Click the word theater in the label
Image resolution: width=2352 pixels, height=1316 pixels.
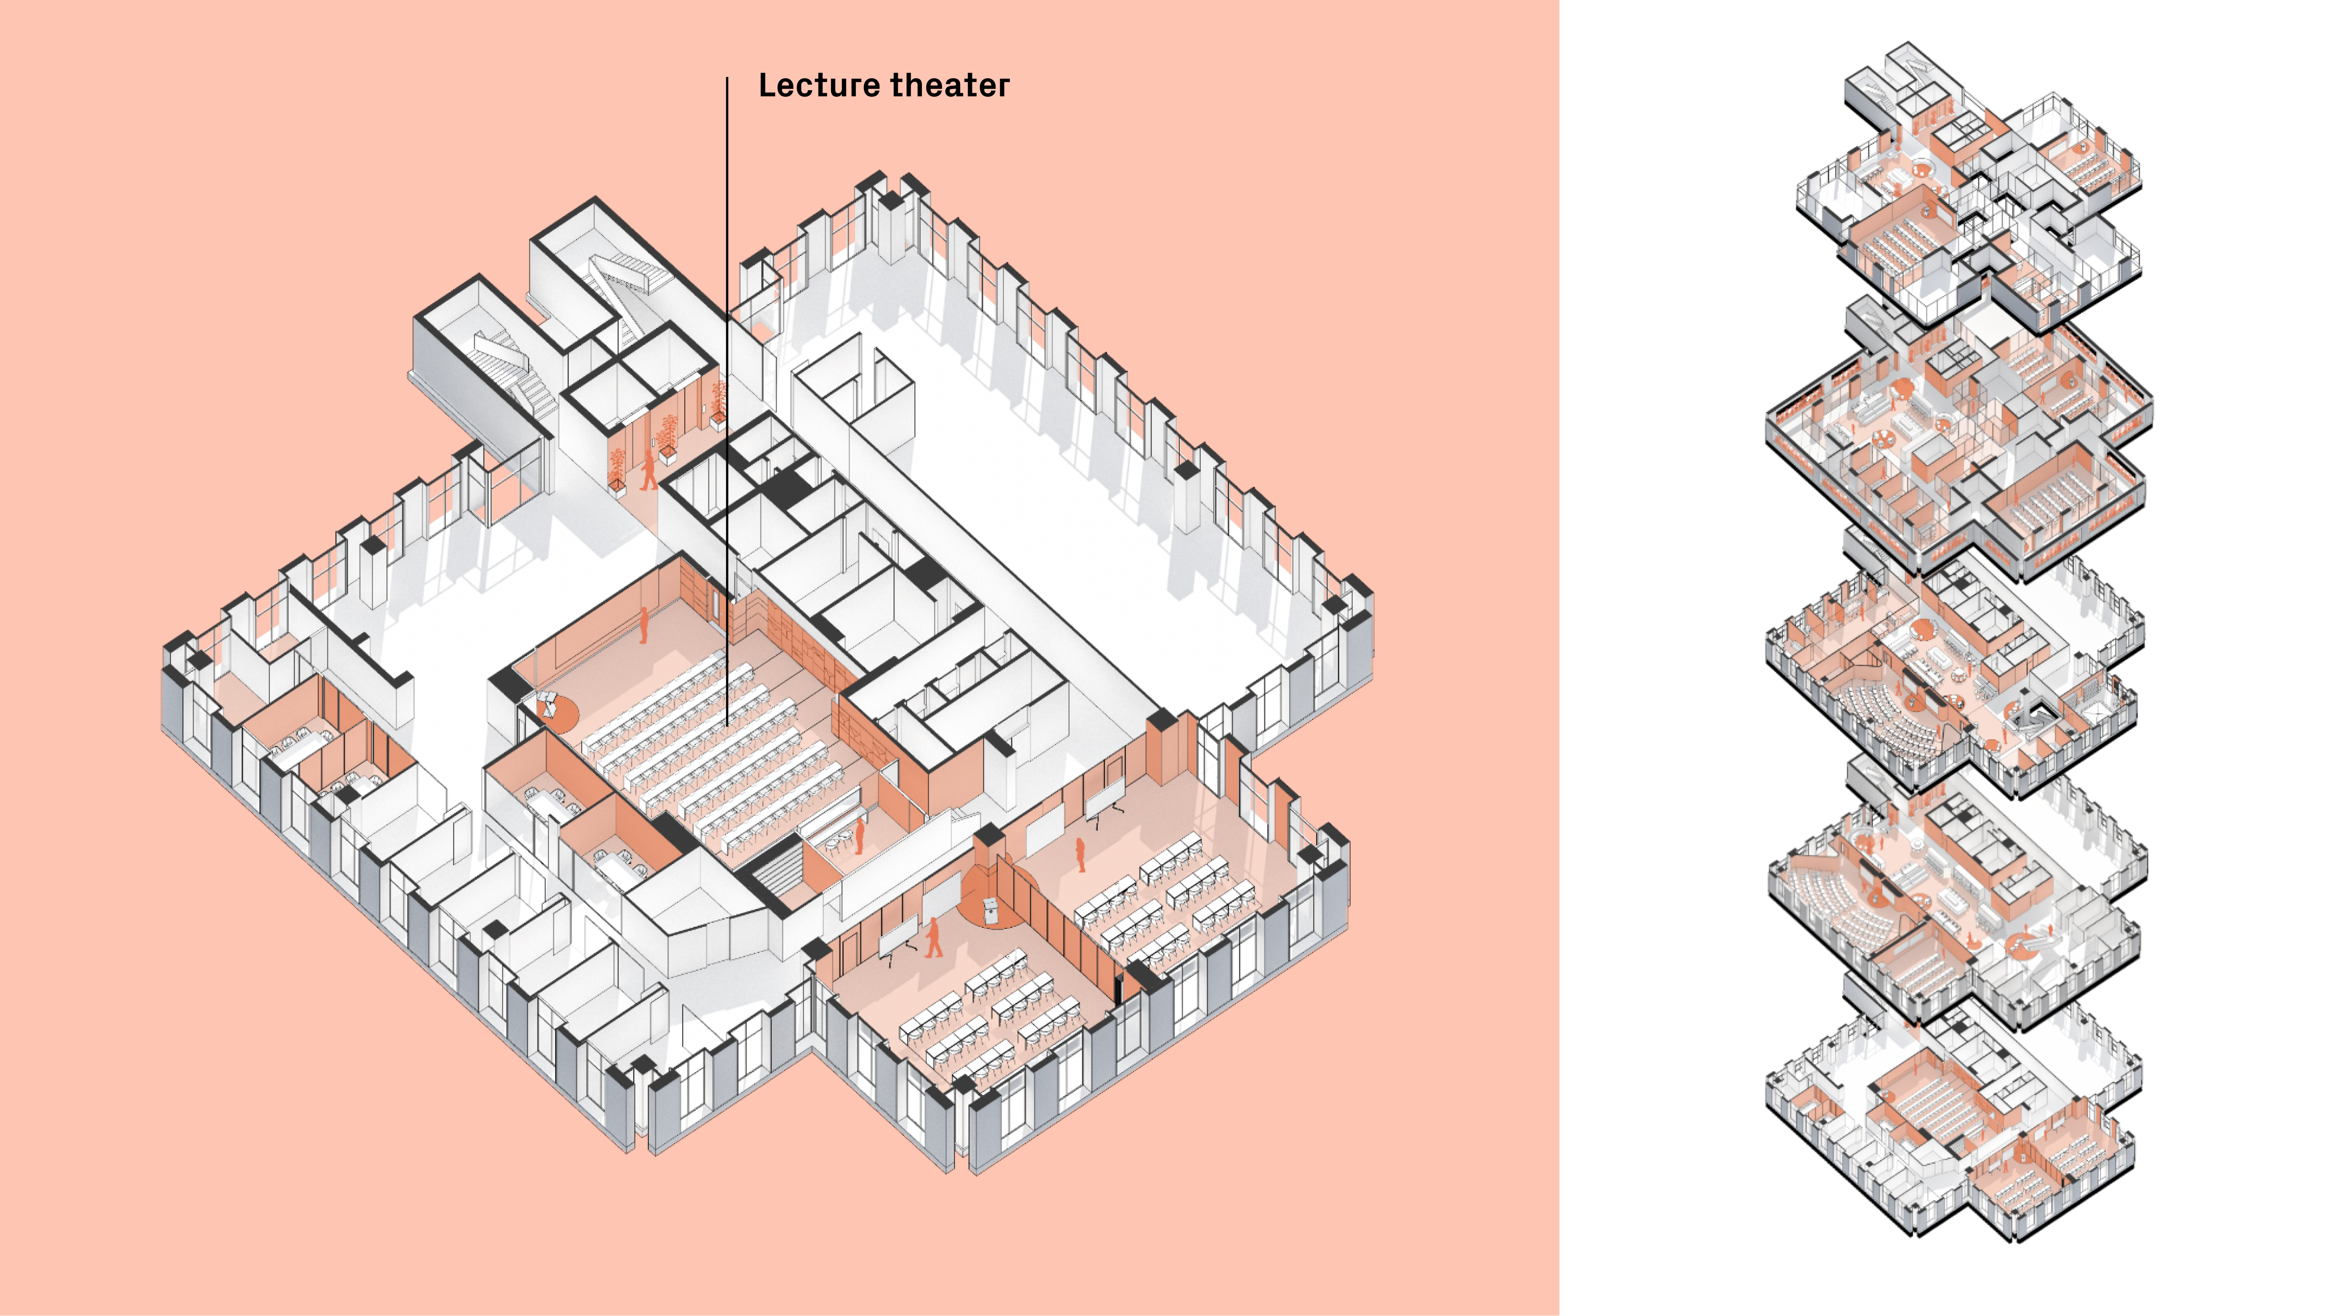pyautogui.click(x=949, y=86)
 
